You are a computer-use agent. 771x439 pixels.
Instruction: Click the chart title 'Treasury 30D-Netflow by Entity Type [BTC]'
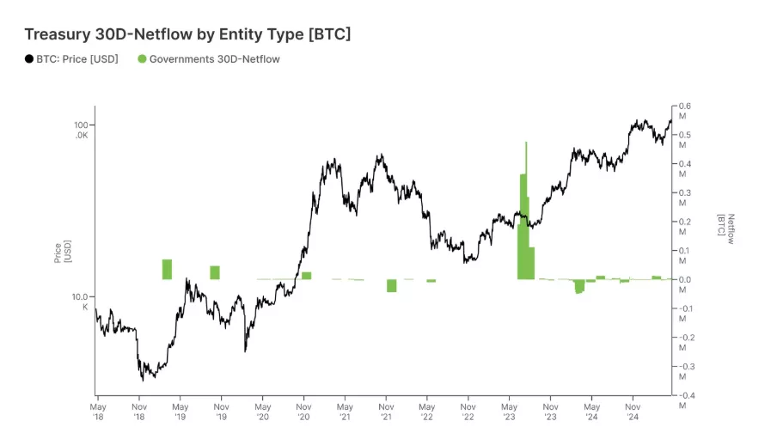coord(187,34)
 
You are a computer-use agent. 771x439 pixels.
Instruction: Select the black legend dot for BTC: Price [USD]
coord(29,59)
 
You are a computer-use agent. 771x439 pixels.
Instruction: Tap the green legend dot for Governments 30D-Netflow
coord(142,59)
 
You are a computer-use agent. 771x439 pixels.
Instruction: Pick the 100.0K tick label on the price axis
coord(83,130)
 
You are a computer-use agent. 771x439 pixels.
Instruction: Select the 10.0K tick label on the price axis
coord(83,301)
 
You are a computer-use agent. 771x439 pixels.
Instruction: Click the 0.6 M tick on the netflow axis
coord(684,111)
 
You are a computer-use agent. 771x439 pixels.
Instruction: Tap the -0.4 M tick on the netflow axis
coord(684,400)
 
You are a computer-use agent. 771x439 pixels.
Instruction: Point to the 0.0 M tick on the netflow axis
coord(684,284)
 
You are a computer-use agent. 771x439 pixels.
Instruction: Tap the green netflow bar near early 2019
coord(167,269)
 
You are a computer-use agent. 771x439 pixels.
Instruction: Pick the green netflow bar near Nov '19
coord(215,272)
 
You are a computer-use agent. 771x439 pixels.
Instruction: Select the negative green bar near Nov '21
coord(391,285)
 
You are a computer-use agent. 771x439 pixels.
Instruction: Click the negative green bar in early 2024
coord(579,286)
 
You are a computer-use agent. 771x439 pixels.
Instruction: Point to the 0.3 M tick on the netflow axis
coord(684,198)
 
